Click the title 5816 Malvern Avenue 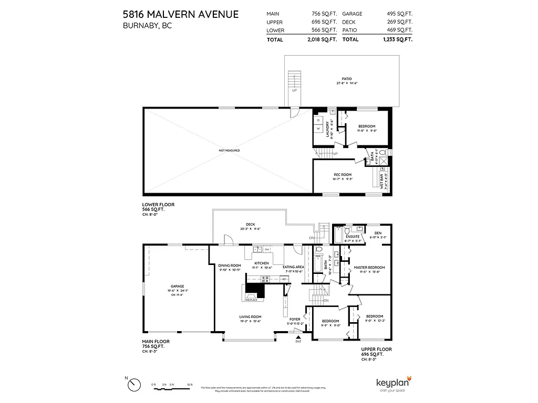181,14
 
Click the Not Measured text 229,151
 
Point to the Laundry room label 327,129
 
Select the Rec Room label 342,175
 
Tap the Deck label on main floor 250,224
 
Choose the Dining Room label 229,266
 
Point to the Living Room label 250,317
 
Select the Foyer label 295,319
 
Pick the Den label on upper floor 378,233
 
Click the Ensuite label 353,237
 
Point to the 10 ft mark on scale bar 190,386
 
